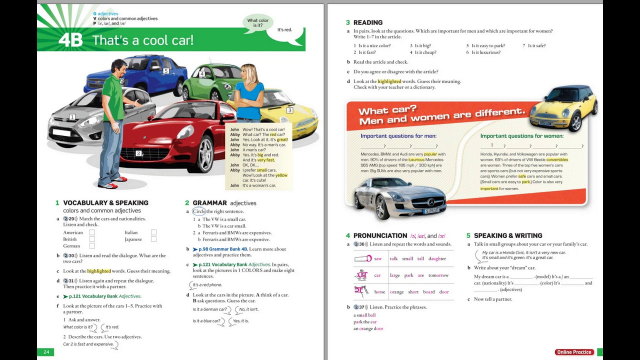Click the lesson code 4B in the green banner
point(70,40)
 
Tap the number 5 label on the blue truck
point(166,71)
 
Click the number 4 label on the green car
point(202,74)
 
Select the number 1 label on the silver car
point(72,117)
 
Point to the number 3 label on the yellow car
point(289,110)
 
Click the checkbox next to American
point(92,232)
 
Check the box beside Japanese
point(153,239)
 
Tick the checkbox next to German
point(92,245)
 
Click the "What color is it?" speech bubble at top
point(258,23)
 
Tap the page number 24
point(46,352)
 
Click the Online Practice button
point(574,352)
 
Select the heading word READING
point(367,22)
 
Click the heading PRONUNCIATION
point(380,235)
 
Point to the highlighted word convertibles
point(557,159)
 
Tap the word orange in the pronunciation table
point(396,292)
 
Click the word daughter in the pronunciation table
point(437,258)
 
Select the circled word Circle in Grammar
point(199,211)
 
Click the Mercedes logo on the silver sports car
point(430,202)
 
